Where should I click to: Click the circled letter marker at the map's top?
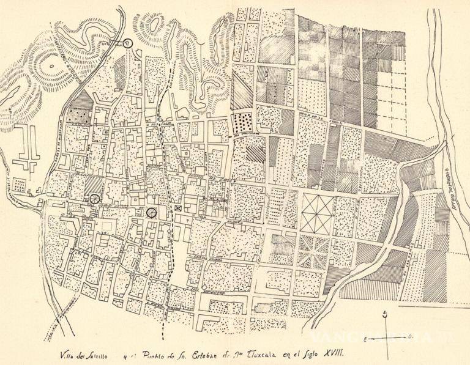click(x=127, y=43)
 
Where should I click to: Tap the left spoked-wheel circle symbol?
click(x=94, y=198)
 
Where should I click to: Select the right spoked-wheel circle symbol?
click(x=151, y=212)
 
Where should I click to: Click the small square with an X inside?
click(x=177, y=209)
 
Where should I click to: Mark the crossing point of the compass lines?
click(x=386, y=337)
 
